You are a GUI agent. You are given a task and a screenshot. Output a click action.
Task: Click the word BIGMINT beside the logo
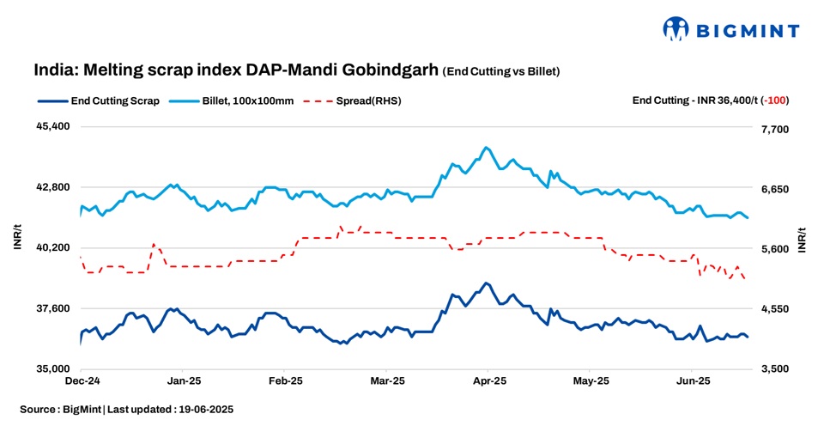(747, 31)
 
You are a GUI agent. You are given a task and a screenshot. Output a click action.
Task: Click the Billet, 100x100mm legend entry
(248, 100)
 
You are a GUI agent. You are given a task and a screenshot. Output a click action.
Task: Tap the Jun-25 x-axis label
(693, 380)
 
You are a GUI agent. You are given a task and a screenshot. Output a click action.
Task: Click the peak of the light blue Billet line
(486, 147)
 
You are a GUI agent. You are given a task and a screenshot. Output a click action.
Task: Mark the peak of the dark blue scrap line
(486, 283)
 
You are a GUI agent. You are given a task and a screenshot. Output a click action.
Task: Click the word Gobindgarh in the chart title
(396, 70)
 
